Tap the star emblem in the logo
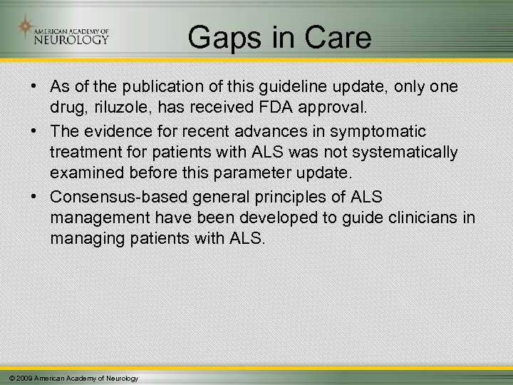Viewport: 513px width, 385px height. (x=25, y=28)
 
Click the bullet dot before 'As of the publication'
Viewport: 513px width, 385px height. (x=34, y=87)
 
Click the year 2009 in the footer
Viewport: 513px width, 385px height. (x=23, y=378)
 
